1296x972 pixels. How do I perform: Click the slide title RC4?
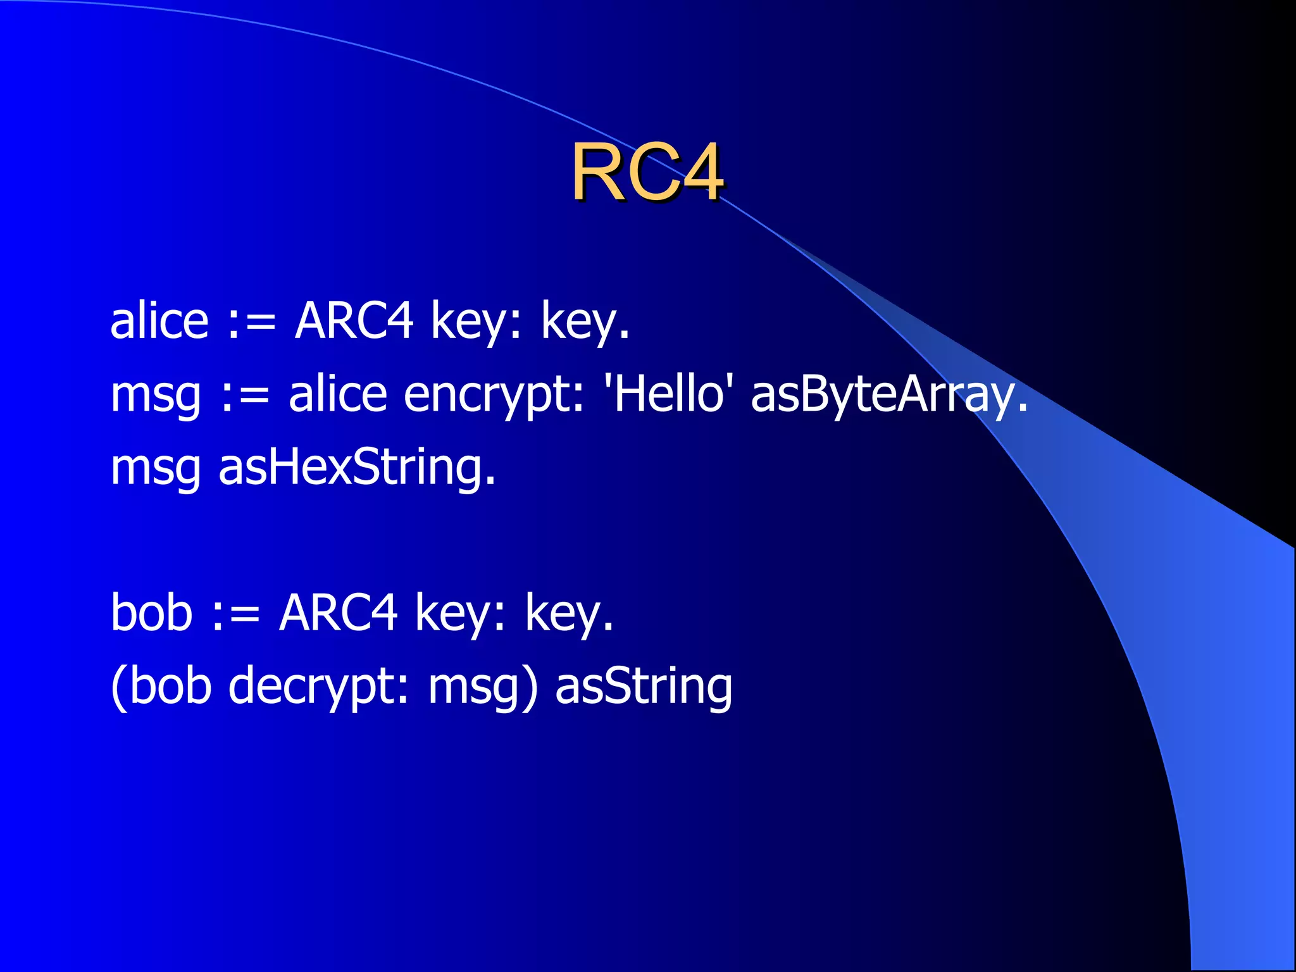(648, 172)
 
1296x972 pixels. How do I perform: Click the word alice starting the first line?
(159, 321)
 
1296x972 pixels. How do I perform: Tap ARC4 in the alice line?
(354, 321)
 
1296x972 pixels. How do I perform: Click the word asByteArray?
(889, 394)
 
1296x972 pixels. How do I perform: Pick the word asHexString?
(357, 467)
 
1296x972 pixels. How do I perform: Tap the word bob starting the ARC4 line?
(151, 612)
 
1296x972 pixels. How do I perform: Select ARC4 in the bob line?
(338, 612)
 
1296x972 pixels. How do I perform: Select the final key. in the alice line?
(585, 322)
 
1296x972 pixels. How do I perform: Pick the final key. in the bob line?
(569, 613)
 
